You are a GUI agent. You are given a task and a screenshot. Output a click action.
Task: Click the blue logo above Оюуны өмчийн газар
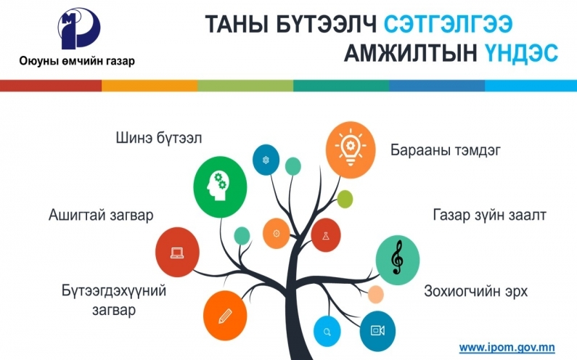point(79,28)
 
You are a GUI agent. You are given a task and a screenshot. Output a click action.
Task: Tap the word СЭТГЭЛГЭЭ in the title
point(449,24)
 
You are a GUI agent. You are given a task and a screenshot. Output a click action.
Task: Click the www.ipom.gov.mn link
point(507,347)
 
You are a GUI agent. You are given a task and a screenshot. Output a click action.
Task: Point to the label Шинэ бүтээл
point(159,139)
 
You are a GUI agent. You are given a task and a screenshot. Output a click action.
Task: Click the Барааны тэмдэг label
point(445,150)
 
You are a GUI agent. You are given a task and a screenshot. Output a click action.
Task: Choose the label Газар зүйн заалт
point(489,215)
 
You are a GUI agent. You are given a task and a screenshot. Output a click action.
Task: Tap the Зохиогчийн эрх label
point(476,291)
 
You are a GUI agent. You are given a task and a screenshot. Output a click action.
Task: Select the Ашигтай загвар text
point(101,215)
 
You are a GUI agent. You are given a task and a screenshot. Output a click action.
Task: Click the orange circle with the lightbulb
point(351,150)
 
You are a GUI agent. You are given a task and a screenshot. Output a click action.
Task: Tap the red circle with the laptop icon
point(177,252)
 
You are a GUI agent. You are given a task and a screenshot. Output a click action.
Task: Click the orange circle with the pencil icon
point(225,316)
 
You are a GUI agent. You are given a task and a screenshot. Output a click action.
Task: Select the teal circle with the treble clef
point(398,261)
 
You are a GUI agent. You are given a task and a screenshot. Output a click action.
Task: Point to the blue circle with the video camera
point(377,330)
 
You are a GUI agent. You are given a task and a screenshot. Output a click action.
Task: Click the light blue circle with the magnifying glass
point(327,332)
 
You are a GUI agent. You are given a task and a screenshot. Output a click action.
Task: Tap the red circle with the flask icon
point(326,235)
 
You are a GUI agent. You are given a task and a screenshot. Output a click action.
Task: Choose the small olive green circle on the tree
point(345,199)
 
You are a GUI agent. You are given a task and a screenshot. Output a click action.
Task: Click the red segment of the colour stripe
point(51,86)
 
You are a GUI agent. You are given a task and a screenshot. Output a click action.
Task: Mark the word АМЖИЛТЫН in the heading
point(411,54)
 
